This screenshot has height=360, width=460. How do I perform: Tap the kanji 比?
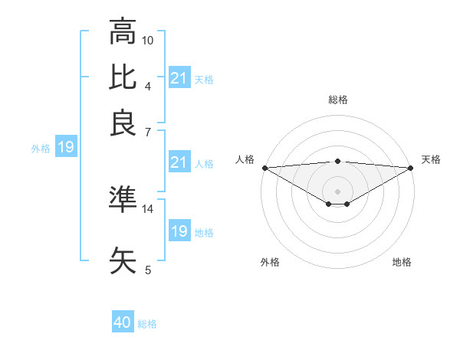tap(123, 77)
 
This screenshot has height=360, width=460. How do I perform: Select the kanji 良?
tap(123, 123)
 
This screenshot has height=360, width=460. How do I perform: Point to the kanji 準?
tap(123, 198)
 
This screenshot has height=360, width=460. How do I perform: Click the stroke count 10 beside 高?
tap(148, 40)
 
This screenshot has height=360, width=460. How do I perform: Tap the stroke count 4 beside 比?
tap(148, 86)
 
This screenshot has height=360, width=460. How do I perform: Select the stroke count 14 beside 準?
tap(148, 208)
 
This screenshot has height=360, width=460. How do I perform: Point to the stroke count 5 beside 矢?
tap(148, 270)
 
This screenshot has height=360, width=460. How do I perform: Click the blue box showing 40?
tap(123, 322)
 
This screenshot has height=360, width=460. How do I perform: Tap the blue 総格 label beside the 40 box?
tap(147, 324)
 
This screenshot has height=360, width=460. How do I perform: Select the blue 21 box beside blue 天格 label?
tap(179, 77)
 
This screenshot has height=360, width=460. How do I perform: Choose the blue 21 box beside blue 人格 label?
tap(179, 162)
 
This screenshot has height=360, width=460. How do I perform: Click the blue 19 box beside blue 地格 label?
tap(179, 231)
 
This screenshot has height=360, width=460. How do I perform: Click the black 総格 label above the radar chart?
tap(337, 100)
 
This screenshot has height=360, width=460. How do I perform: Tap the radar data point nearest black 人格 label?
tap(264, 168)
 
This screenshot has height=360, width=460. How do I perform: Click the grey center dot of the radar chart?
tap(337, 191)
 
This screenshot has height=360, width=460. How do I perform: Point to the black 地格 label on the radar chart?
tap(402, 263)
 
